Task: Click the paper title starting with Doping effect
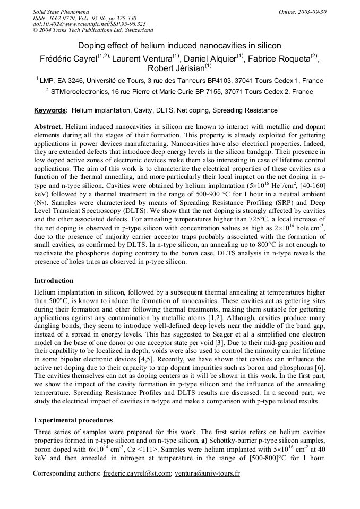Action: (x=179, y=46)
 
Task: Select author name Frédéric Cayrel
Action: (x=68, y=58)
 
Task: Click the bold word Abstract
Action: (x=49, y=127)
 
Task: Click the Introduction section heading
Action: (x=54, y=280)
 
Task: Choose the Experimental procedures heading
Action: (x=73, y=420)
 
